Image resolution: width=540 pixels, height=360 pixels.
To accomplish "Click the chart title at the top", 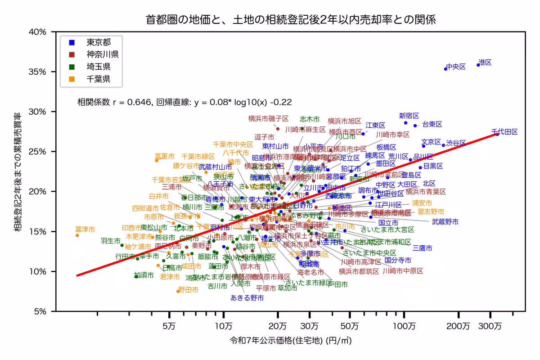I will [x=291, y=20].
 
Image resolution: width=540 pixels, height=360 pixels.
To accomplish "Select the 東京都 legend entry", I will [x=98, y=43].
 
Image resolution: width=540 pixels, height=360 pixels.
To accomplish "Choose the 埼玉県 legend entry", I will [x=98, y=67].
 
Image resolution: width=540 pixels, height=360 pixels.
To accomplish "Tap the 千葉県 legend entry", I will [x=98, y=79].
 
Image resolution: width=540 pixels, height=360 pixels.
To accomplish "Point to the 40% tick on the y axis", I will [x=37, y=32].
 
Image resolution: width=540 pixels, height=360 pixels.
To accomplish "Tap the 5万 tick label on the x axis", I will [x=169, y=325].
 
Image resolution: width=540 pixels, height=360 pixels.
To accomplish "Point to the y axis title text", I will [x=18, y=171].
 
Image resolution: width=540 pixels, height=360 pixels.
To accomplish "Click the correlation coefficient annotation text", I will [x=184, y=102].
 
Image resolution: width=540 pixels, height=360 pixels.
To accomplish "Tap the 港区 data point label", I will [x=485, y=62].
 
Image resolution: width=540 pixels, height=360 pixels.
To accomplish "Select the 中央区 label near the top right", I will [x=456, y=67].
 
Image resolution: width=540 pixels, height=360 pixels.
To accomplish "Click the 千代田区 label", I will [x=504, y=132].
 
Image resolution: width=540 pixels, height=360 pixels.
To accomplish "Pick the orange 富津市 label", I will [x=85, y=229].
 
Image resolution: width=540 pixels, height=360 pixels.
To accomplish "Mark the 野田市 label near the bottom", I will [x=188, y=290].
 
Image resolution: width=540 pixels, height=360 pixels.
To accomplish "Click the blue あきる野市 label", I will [x=247, y=297].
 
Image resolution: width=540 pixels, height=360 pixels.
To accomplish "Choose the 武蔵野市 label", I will [x=445, y=221].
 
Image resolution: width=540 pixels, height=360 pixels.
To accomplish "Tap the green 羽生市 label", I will [x=110, y=241].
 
